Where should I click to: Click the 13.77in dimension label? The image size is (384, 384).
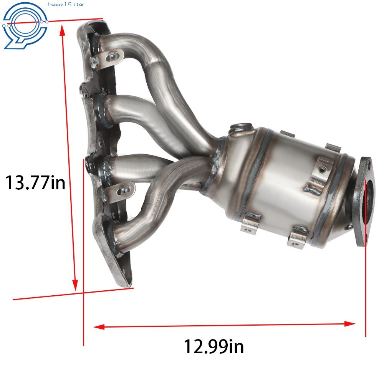pyautogui.click(x=35, y=182)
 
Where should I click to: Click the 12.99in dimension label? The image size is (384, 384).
pyautogui.click(x=214, y=346)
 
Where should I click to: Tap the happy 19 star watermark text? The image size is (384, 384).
pyautogui.click(x=66, y=5)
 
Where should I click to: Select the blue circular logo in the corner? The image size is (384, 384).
pyautogui.click(x=24, y=25)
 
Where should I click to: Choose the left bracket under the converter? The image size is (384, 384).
pyautogui.click(x=250, y=223)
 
